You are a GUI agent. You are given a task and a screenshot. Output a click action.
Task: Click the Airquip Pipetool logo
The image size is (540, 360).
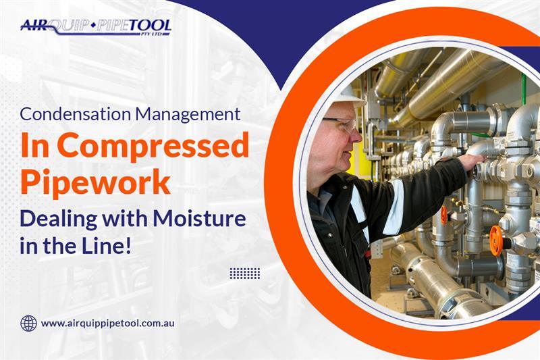pyautogui.click(x=96, y=27)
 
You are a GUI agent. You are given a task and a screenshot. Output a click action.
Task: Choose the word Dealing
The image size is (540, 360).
pyautogui.click(x=59, y=220)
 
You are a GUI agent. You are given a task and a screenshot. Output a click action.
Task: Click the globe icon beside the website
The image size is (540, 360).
pyautogui.click(x=28, y=324)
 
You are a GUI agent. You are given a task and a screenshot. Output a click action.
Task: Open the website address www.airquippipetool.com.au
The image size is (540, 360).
pyautogui.click(x=107, y=324)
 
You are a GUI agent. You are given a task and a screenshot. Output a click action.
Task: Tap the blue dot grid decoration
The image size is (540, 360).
pyautogui.click(x=244, y=273)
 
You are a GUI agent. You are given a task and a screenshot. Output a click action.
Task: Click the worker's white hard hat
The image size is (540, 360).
pyautogui.click(x=348, y=97)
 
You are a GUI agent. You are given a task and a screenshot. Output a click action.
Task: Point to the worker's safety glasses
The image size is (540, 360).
pyautogui.click(x=341, y=125)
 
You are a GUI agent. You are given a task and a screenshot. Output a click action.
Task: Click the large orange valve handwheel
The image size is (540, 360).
pyautogui.click(x=496, y=241)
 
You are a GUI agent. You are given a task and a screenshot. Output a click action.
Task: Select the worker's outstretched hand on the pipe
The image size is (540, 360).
pyautogui.click(x=474, y=161)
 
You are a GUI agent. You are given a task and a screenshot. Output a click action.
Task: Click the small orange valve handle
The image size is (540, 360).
pyautogui.click(x=444, y=215)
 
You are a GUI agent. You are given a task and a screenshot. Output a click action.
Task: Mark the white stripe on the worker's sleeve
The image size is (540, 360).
pyautogui.click(x=394, y=207)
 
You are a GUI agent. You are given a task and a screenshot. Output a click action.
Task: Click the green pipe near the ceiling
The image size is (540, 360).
pyautogui.click(x=524, y=89)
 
